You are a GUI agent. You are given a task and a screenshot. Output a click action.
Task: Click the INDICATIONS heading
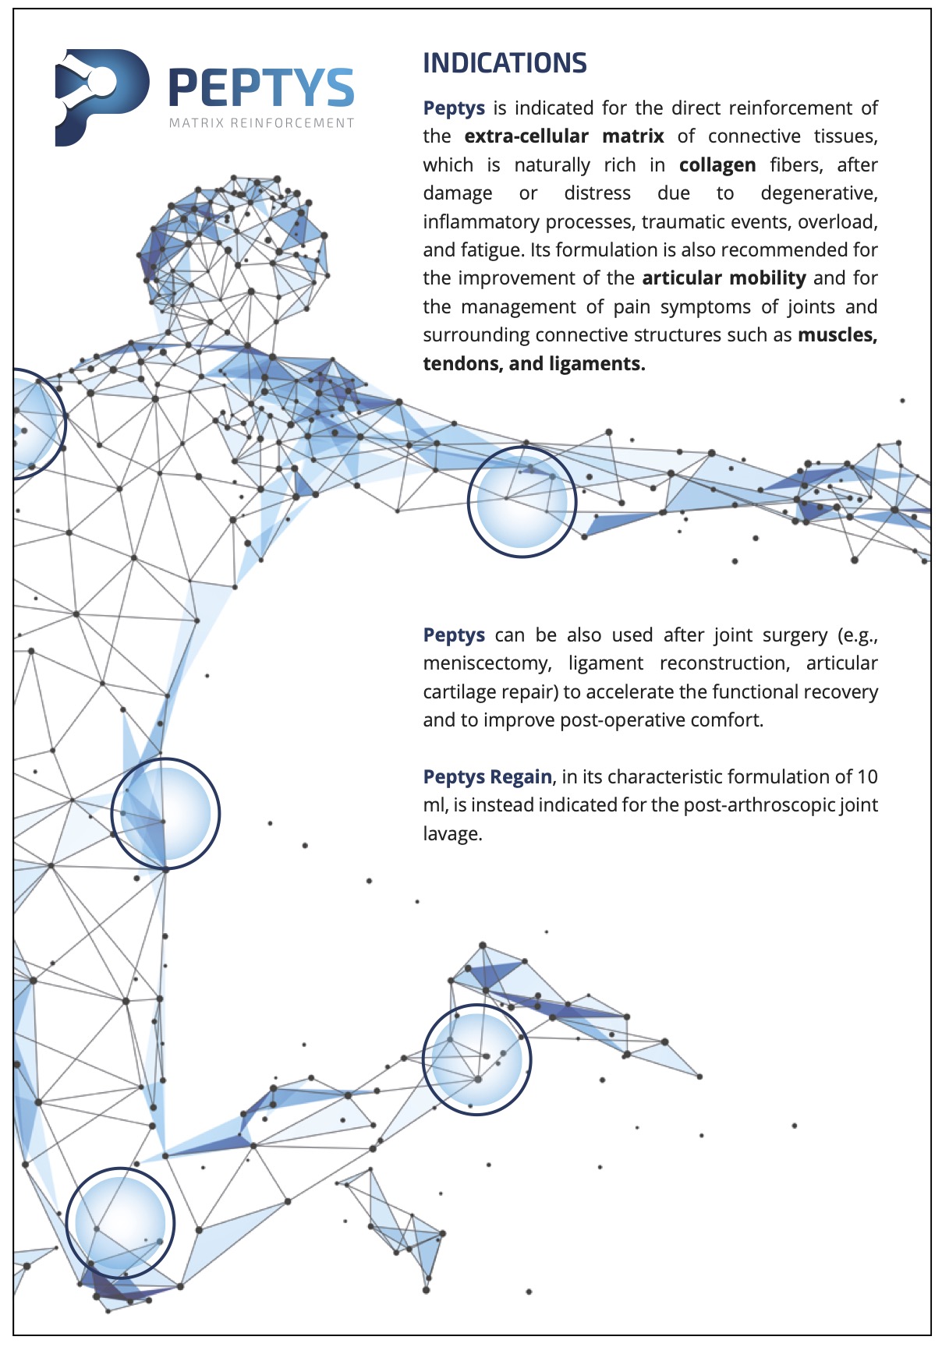(505, 63)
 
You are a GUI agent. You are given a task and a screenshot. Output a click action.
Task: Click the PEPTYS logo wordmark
(262, 87)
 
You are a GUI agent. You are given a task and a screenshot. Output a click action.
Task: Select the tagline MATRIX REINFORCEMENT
(262, 123)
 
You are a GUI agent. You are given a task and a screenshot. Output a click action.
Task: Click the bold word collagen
(717, 165)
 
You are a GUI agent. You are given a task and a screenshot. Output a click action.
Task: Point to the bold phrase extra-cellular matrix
(564, 136)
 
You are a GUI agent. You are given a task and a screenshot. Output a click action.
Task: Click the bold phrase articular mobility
(724, 278)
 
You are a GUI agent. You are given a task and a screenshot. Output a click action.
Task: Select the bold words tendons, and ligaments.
(534, 364)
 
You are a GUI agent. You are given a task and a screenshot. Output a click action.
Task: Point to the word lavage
(452, 834)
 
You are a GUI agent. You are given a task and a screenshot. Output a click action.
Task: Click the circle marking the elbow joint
(522, 502)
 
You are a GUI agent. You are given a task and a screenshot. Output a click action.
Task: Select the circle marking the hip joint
(165, 813)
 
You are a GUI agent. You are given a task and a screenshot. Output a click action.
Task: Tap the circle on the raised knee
(476, 1059)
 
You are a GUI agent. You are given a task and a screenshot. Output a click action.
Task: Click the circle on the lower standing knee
(120, 1222)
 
